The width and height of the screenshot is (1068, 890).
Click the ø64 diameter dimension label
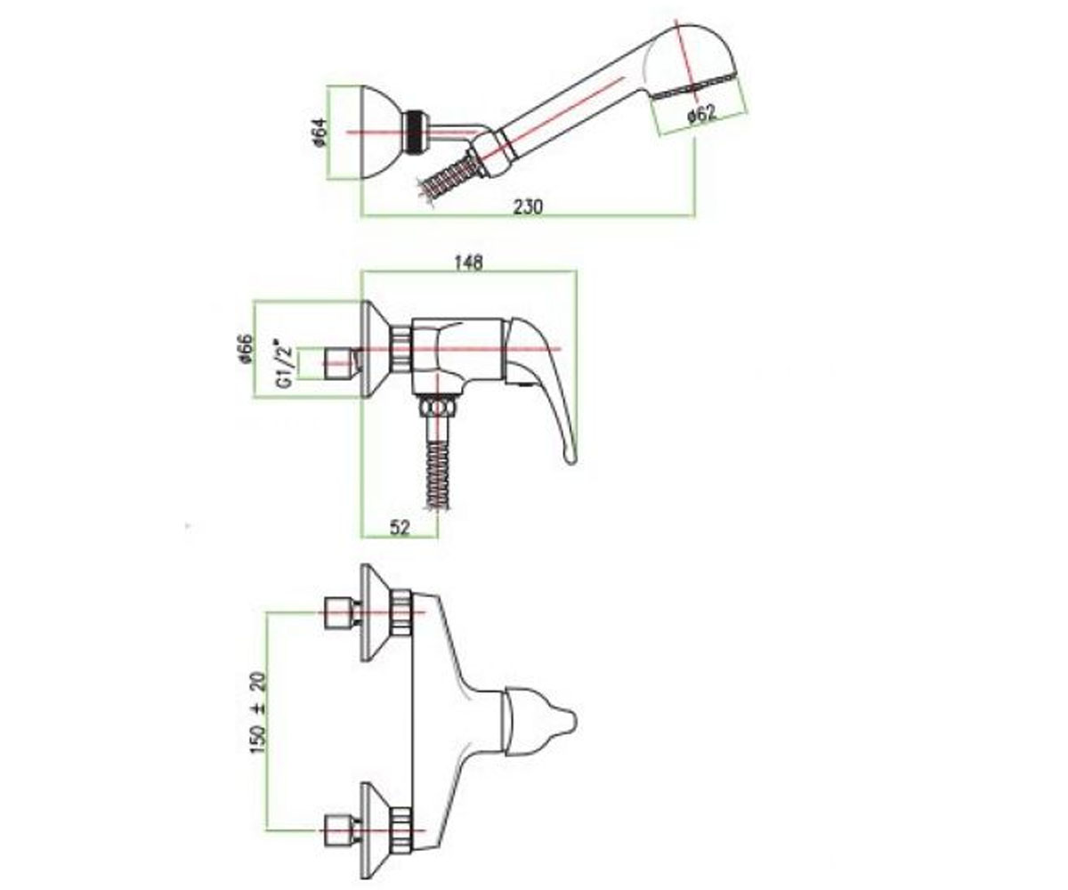pyautogui.click(x=320, y=133)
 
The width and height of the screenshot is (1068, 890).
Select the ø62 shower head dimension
pyautogui.click(x=701, y=115)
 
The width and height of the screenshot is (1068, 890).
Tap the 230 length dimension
pyautogui.click(x=528, y=207)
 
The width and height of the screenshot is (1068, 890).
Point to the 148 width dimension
pyautogui.click(x=468, y=263)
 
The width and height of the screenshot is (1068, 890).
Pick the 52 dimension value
pyautogui.click(x=400, y=529)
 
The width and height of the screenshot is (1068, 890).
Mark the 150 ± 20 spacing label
pyautogui.click(x=259, y=713)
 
